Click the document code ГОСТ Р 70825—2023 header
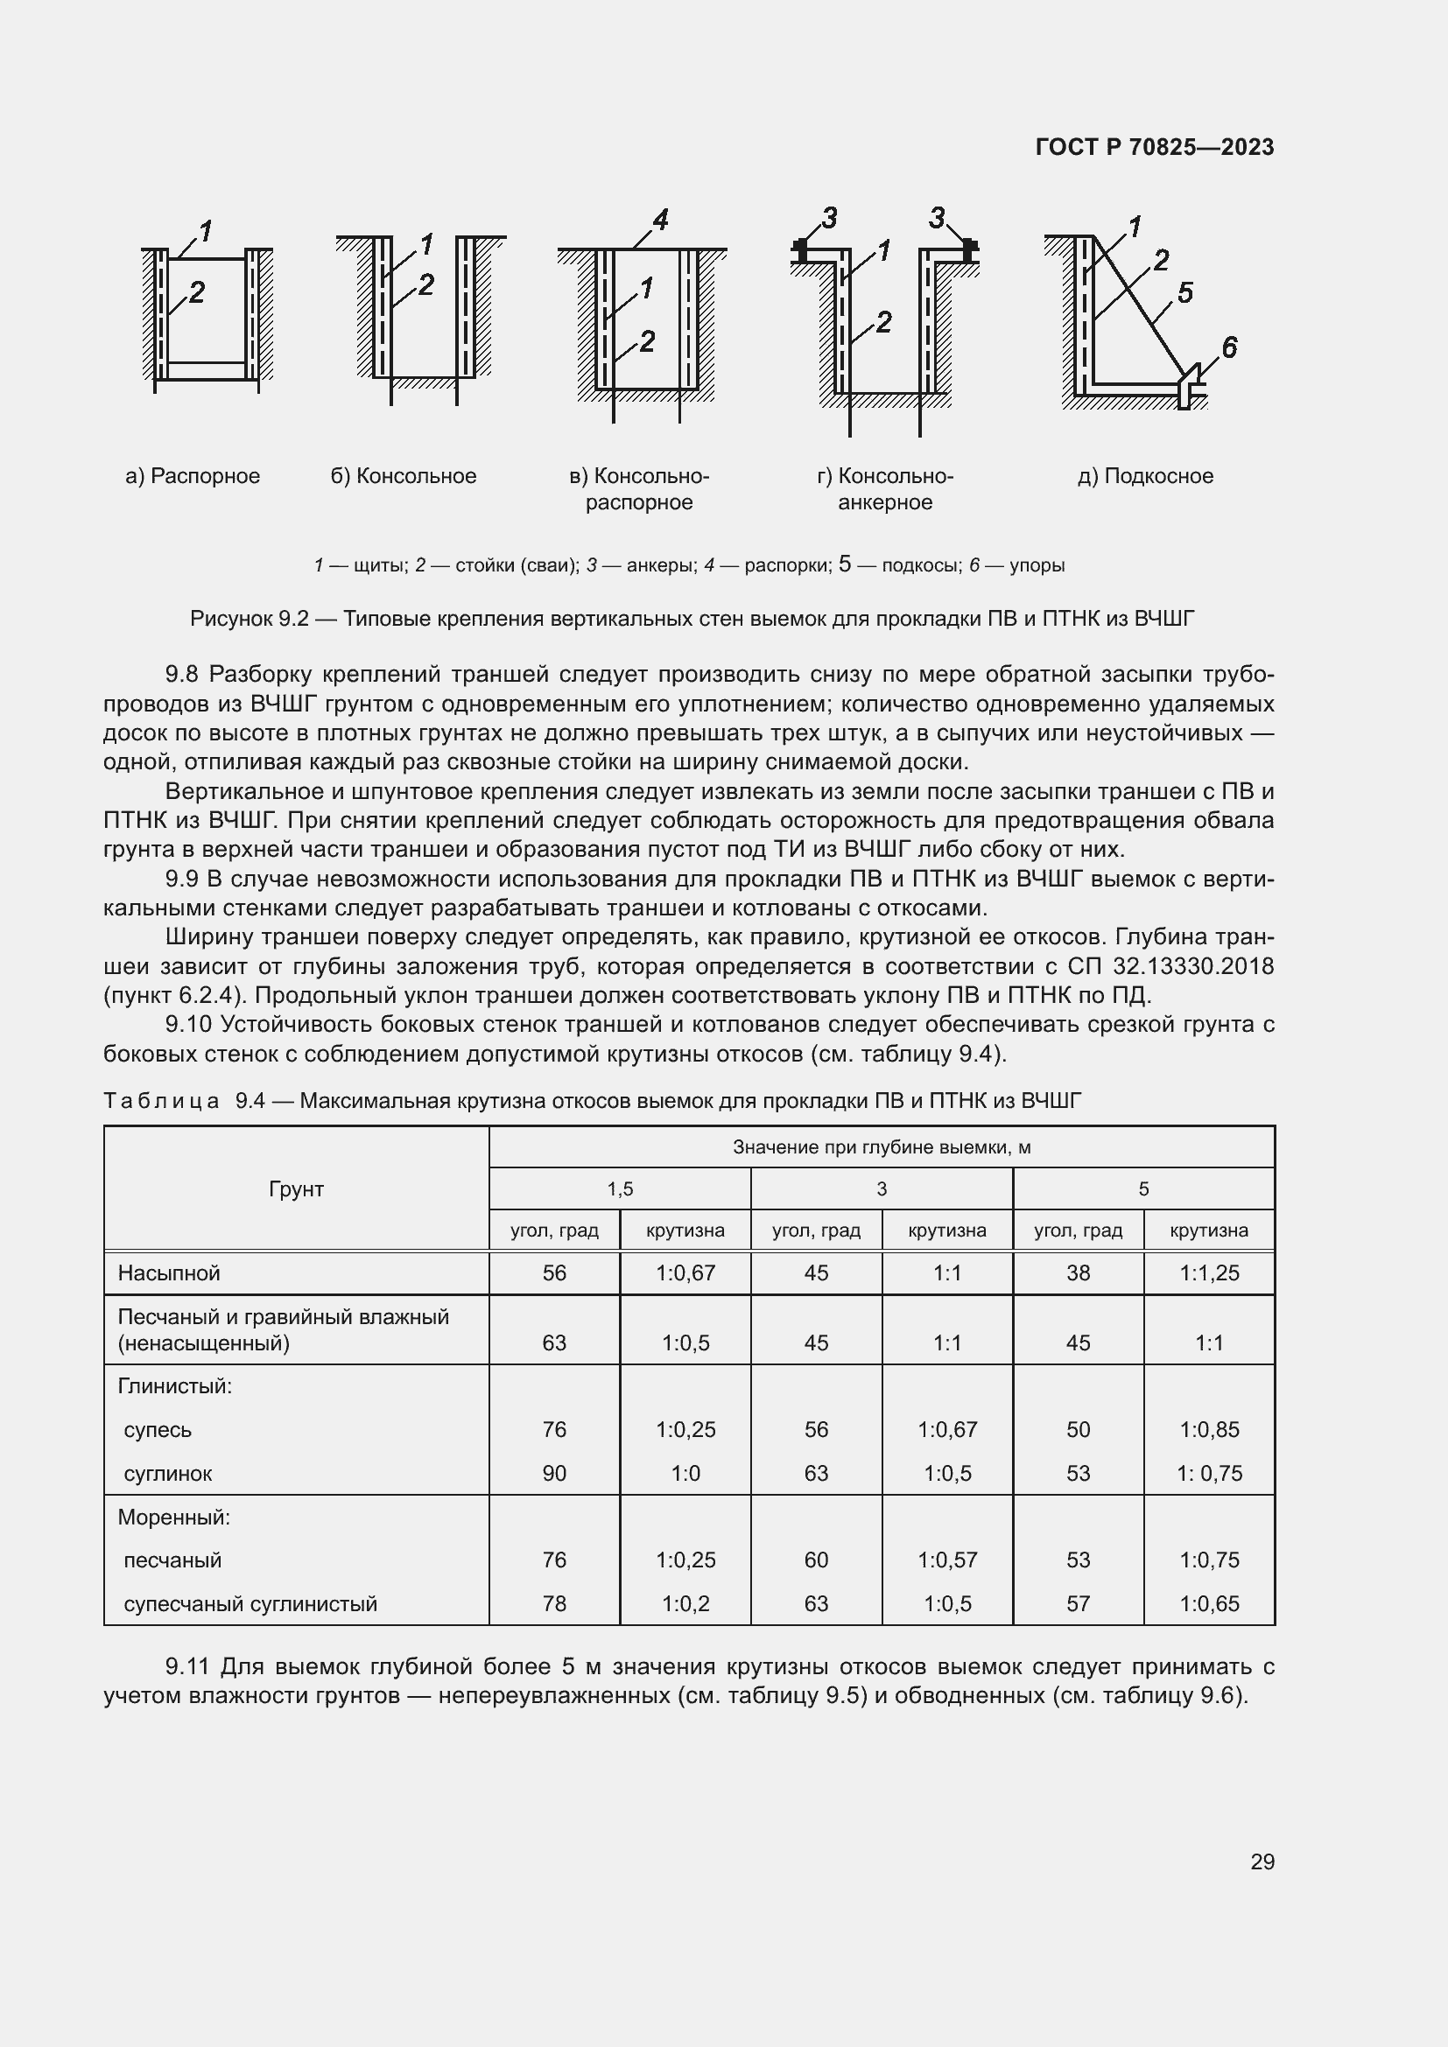[1154, 147]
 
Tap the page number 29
[1262, 1861]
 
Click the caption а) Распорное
[193, 476]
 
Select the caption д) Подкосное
[1145, 476]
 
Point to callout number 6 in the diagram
[1228, 347]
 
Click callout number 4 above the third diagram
[661, 220]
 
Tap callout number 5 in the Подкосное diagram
[1185, 292]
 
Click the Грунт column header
[296, 1188]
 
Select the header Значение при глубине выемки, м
[881, 1147]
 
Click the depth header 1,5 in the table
[620, 1189]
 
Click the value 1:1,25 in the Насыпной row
[1209, 1273]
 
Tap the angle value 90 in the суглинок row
[553, 1474]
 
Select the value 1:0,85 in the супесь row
[1209, 1430]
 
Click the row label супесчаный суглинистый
[250, 1604]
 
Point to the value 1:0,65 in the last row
[1209, 1604]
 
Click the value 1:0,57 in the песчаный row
[947, 1560]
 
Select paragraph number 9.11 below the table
[188, 1666]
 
